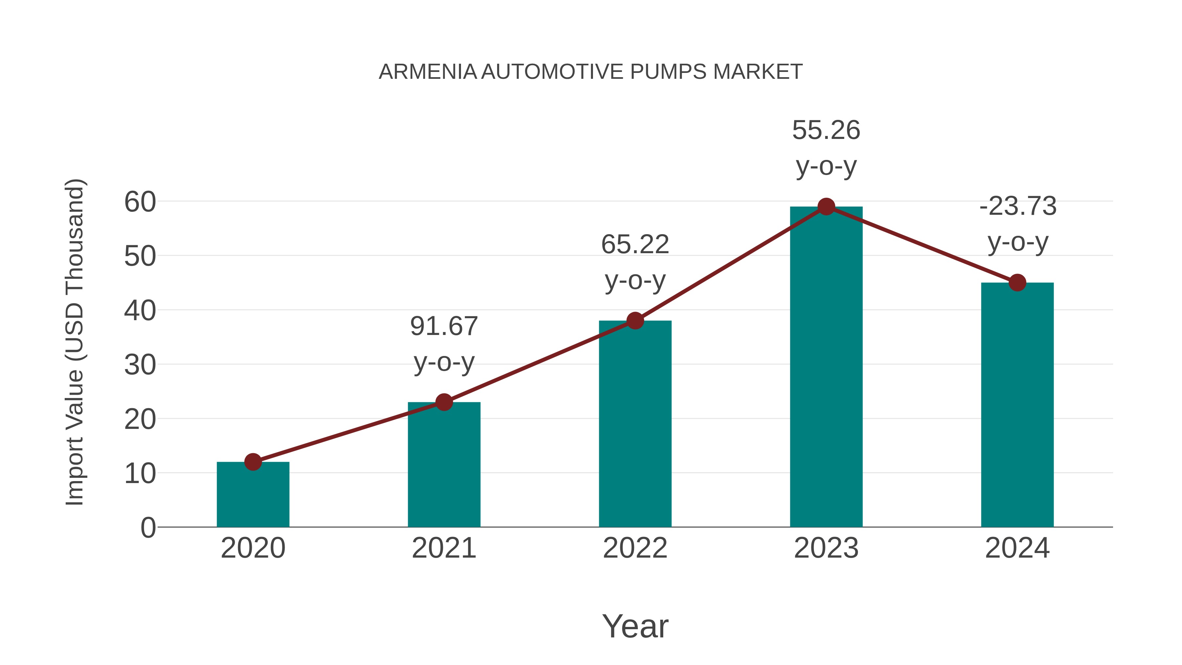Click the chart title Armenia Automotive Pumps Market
click(x=591, y=72)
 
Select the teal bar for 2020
click(x=253, y=496)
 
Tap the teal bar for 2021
click(x=444, y=466)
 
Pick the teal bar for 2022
click(x=635, y=425)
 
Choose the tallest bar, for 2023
click(x=826, y=367)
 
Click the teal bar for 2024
click(x=1017, y=406)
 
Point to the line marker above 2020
click(x=253, y=462)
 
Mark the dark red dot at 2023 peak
click(x=826, y=207)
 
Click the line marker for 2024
click(x=1017, y=283)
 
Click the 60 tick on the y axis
click(x=140, y=202)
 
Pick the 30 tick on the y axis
click(x=140, y=365)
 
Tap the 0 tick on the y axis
click(x=148, y=528)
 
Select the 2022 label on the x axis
click(x=635, y=548)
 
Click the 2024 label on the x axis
click(x=1017, y=548)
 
